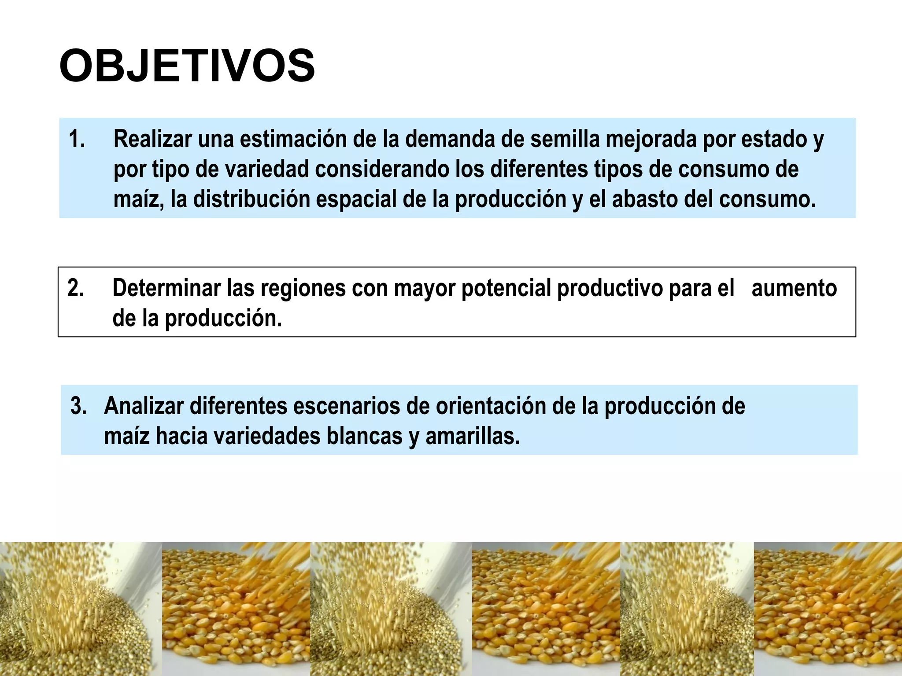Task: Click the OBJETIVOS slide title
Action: coord(187,66)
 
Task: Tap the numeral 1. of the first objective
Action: coord(77,139)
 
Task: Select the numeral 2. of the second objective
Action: coord(76,288)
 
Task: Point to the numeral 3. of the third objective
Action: coord(78,406)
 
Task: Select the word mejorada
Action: coord(651,140)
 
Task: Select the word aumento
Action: coord(794,288)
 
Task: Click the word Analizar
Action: coord(144,406)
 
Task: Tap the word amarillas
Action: coord(473,436)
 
